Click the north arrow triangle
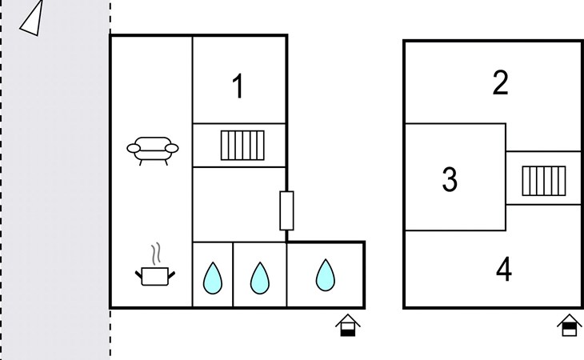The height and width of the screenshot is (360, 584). [33, 21]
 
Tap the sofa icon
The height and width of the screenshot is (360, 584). [153, 150]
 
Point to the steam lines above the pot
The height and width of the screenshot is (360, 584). [157, 254]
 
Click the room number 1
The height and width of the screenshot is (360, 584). [238, 86]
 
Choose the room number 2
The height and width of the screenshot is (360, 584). [500, 82]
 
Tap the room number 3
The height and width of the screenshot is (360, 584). [450, 179]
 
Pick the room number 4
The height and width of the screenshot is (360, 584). [504, 269]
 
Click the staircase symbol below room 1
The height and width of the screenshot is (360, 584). [242, 145]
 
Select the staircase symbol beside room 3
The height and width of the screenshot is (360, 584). [544, 181]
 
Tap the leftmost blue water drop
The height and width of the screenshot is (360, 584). [213, 278]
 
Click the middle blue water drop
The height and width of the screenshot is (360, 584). [259, 278]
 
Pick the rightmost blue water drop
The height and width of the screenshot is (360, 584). [326, 275]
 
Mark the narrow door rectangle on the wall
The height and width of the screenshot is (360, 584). [286, 210]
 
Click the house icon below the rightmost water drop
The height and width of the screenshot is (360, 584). [348, 326]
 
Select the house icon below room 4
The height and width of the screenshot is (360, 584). [570, 326]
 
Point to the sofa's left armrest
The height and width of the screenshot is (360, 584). [134, 149]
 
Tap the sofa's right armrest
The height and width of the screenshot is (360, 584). [172, 149]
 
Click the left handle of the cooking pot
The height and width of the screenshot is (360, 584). [138, 275]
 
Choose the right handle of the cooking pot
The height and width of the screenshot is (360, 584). [171, 275]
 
